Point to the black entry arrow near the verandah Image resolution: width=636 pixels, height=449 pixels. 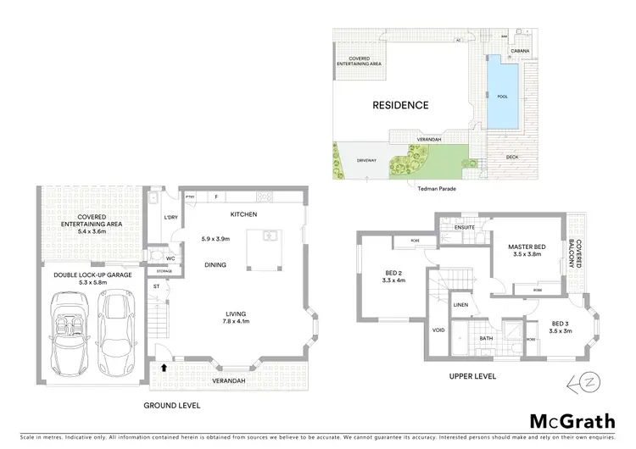click(163, 368)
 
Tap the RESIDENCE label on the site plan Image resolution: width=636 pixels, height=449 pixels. click(401, 106)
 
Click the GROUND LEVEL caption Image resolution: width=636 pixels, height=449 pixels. click(172, 406)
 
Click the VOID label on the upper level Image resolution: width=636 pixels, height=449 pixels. click(438, 330)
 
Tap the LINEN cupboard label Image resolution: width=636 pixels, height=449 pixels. click(460, 304)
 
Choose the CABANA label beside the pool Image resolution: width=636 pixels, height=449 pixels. click(520, 50)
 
